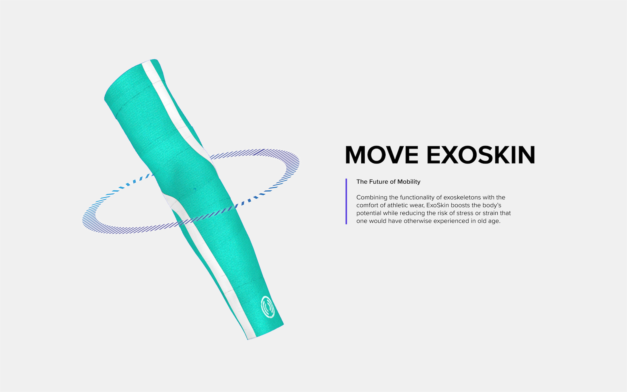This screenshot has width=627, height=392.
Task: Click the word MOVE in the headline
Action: point(381,155)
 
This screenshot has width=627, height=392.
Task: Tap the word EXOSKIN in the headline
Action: point(481,155)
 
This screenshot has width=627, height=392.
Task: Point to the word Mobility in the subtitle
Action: point(409,182)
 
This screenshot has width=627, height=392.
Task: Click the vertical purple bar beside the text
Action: point(346,201)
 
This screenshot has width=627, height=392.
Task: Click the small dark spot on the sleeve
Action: point(195,189)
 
